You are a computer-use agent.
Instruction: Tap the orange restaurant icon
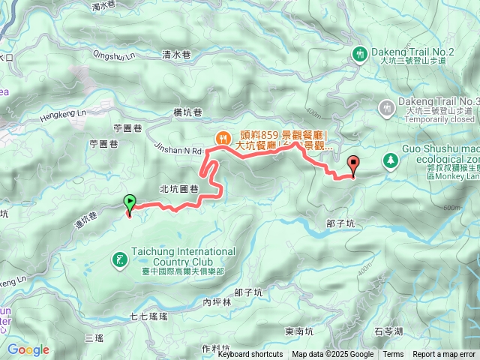[223, 137]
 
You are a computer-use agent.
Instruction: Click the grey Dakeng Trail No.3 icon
[387, 108]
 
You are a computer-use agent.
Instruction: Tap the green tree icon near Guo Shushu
[390, 160]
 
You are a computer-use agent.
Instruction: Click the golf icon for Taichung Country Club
[119, 260]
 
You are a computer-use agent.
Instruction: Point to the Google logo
[28, 349]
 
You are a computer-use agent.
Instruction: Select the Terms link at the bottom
[393, 355]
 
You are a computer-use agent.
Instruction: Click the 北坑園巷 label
[178, 188]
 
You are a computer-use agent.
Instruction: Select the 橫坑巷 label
[187, 112]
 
